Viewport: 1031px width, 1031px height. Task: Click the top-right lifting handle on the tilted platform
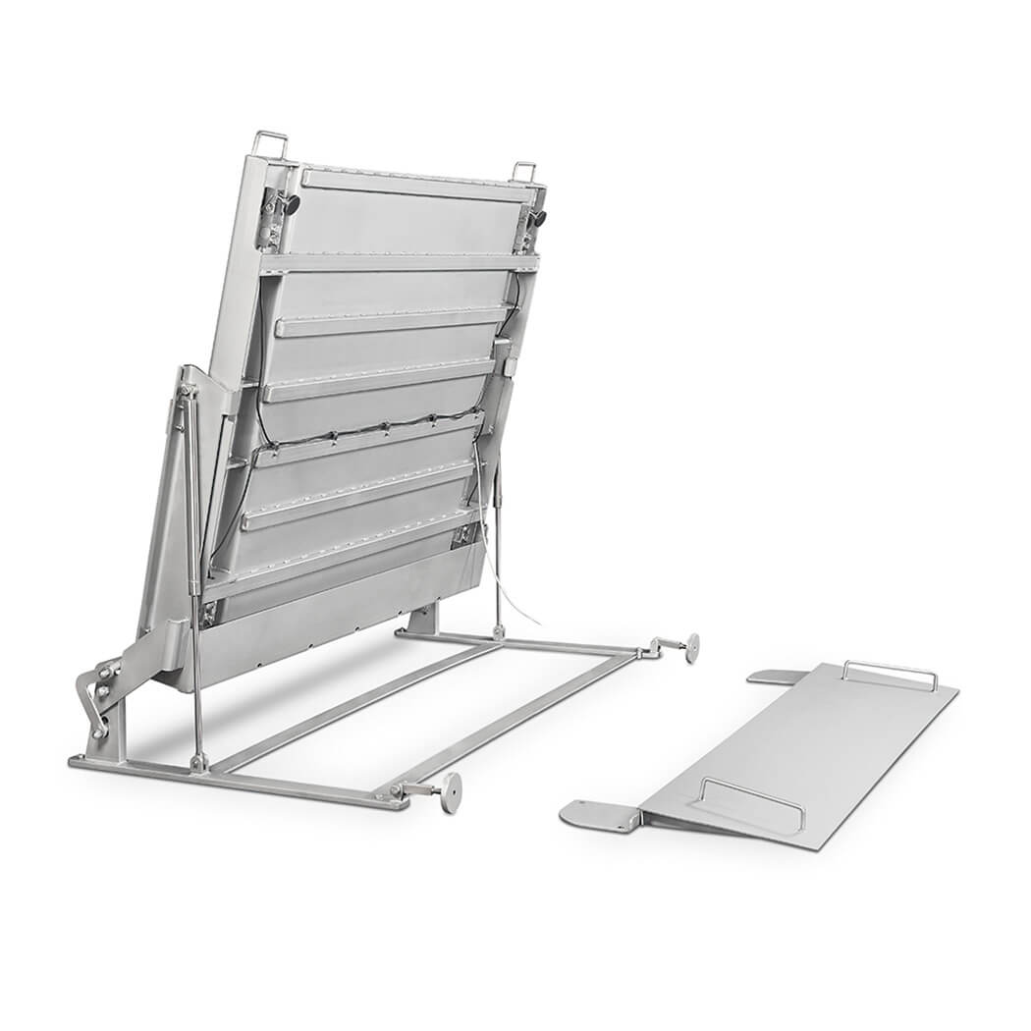pos(525,170)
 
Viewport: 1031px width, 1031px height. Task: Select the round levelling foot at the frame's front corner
pos(451,791)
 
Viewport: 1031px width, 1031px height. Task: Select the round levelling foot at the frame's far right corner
pos(692,647)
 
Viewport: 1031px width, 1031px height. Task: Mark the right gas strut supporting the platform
pos(498,550)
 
